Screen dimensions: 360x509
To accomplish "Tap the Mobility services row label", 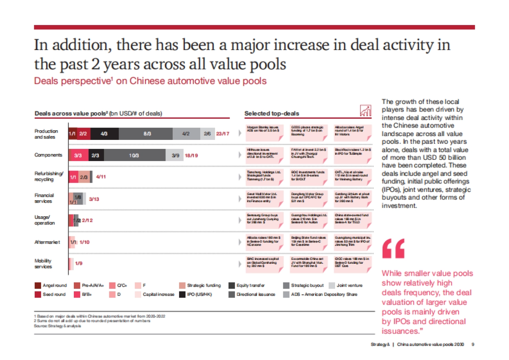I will coord(43,264).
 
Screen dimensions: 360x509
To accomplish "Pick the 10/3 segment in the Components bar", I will coord(134,155).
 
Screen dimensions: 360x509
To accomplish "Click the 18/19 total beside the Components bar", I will coord(191,155).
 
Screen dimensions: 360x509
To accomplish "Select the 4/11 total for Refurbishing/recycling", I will coord(101,176).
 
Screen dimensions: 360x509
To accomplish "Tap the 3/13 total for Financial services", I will coord(94,199).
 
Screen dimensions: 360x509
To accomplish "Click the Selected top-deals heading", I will coord(271,114).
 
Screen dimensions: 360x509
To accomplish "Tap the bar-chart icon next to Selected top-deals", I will coord(365,111).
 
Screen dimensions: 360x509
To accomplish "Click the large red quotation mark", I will coord(393,248).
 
